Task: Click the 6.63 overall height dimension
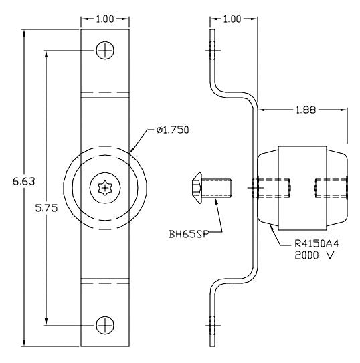(23, 181)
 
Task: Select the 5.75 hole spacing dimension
(46, 208)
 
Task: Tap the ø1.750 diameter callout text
(173, 130)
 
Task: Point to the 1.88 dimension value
(306, 110)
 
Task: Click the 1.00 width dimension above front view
(105, 19)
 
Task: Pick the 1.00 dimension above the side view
(232, 19)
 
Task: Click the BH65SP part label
(189, 234)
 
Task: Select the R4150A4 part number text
(317, 243)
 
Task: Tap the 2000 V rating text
(314, 255)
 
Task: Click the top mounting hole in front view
(105, 50)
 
